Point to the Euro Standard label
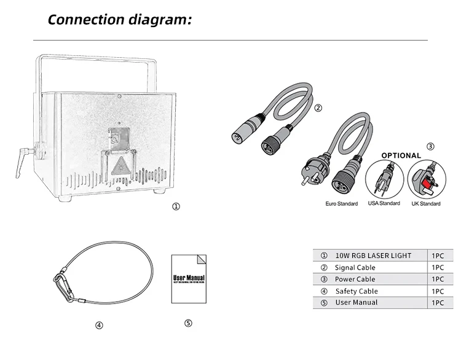(342, 203)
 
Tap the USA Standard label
(384, 203)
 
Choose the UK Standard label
(426, 203)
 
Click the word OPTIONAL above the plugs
(401, 155)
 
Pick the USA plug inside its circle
(384, 179)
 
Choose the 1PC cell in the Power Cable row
(438, 279)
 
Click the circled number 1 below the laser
(176, 207)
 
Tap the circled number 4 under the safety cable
(98, 326)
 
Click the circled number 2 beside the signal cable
(318, 109)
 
